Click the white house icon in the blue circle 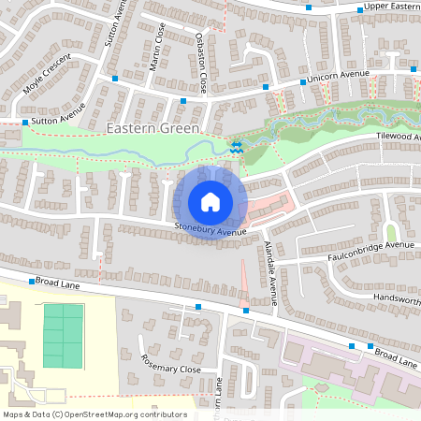pos(210,202)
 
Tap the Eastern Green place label pos(152,128)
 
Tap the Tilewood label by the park pos(398,138)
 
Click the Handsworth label pos(397,298)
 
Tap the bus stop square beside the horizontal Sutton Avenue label pos(24,123)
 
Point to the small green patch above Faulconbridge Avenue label pos(392,232)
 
